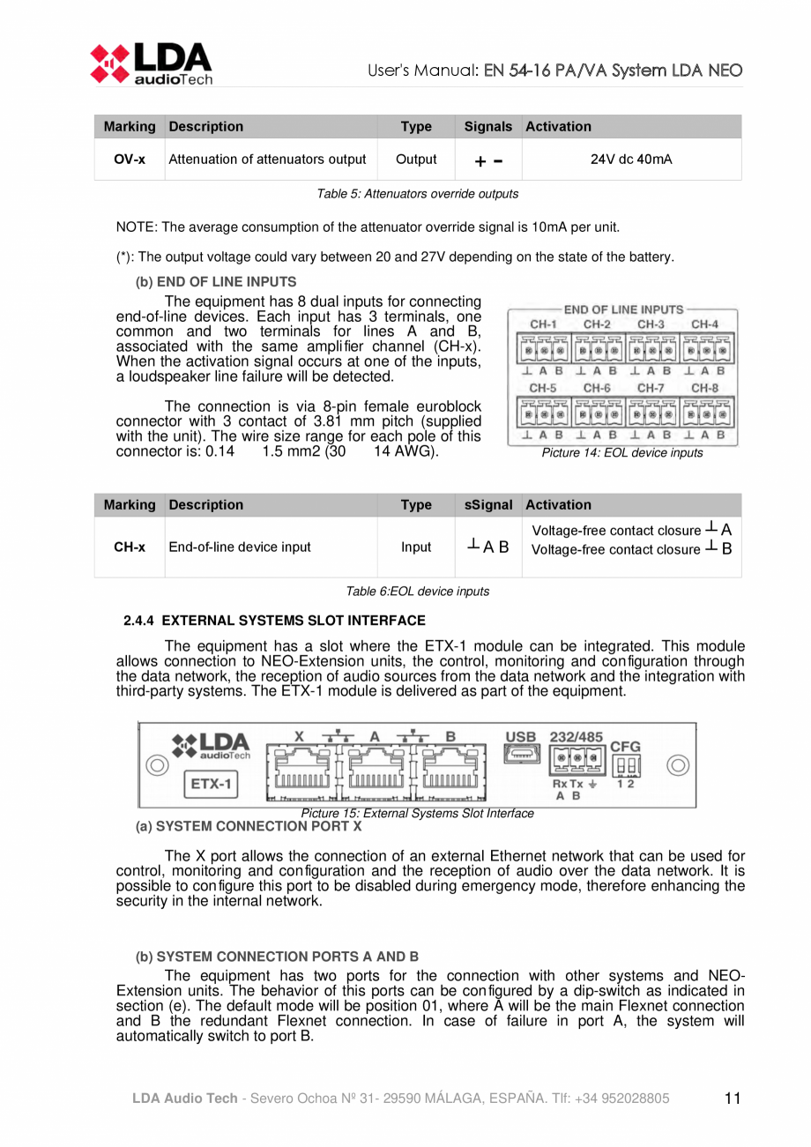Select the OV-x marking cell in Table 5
[x=130, y=160]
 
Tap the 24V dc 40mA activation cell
[x=631, y=160]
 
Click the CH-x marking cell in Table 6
[x=130, y=547]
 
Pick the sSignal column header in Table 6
[x=487, y=505]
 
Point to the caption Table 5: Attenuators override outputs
[x=418, y=193]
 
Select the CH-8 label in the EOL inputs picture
[x=704, y=387]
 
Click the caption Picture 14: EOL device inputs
[x=623, y=452]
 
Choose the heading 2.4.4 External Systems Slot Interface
[x=274, y=621]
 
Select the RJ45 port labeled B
[x=450, y=770]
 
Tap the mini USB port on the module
[x=519, y=756]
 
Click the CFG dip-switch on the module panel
[x=629, y=763]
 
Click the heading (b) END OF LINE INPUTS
[x=215, y=282]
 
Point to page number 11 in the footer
[x=732, y=1098]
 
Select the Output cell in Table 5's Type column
[x=416, y=160]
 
